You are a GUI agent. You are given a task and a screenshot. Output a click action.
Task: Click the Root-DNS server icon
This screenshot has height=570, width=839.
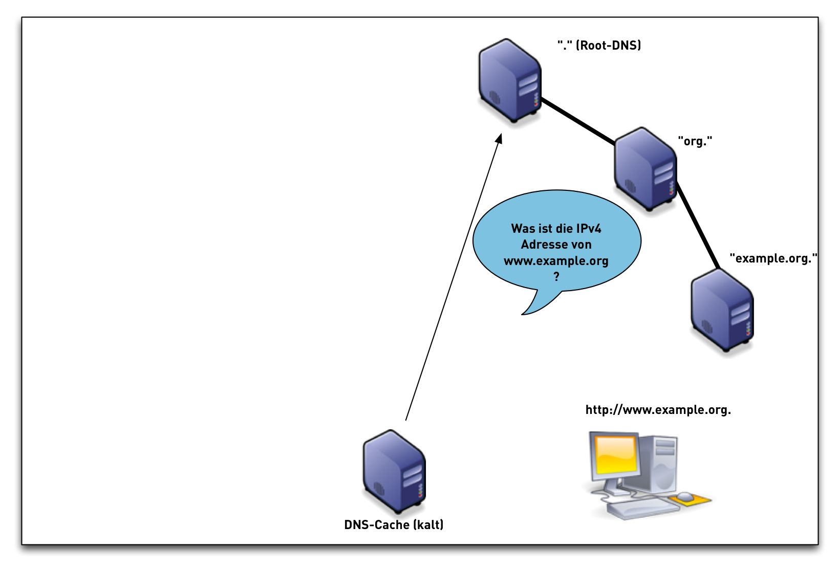tap(509, 80)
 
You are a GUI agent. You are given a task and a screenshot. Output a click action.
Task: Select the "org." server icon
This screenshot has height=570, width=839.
tap(645, 169)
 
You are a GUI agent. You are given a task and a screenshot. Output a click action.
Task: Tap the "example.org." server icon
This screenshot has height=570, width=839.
tap(722, 311)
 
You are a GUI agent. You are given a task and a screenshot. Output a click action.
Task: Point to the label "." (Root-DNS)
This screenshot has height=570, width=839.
tap(599, 46)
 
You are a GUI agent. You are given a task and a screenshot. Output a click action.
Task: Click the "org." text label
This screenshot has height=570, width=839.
tap(695, 141)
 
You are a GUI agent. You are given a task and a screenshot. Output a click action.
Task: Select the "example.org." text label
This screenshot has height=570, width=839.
tap(773, 258)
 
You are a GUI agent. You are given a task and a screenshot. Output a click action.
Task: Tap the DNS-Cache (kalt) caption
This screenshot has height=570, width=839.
tap(394, 525)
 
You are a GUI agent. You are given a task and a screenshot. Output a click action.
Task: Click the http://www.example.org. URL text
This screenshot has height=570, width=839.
tap(658, 410)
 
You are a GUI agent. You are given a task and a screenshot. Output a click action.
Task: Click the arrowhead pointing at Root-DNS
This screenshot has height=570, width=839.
tap(499, 139)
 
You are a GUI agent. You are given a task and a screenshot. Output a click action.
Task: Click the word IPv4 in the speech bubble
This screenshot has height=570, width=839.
tap(588, 229)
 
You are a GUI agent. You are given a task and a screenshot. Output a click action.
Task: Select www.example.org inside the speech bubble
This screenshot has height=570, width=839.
tap(556, 261)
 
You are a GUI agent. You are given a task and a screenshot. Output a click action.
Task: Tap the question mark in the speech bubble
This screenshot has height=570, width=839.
tap(556, 277)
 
